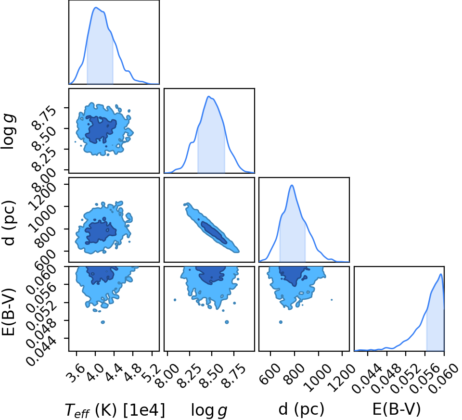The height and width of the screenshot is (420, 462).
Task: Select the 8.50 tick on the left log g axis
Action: pyautogui.click(x=44, y=139)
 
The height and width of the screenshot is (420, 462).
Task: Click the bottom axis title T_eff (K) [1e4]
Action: pyautogui.click(x=115, y=410)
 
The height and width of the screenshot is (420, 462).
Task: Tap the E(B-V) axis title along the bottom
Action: pyautogui.click(x=396, y=409)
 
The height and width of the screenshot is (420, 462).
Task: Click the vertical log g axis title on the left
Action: pyautogui.click(x=8, y=132)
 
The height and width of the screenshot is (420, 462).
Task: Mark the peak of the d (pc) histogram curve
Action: pyautogui.click(x=292, y=185)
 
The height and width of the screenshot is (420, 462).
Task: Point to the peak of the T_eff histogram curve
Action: pyautogui.click(x=96, y=7)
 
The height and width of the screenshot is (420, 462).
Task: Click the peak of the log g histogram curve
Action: pyautogui.click(x=208, y=96)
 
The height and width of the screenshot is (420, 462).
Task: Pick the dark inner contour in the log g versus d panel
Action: pyautogui.click(x=214, y=232)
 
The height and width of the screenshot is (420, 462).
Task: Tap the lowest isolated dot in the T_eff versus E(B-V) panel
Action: pyautogui.click(x=103, y=322)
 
